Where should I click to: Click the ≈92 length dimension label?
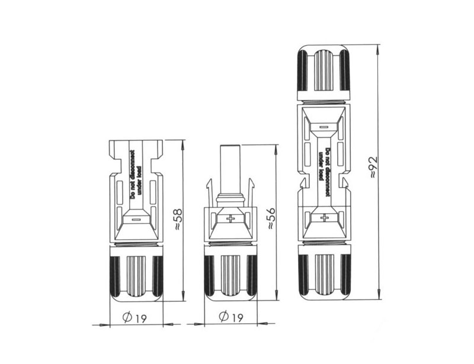374,167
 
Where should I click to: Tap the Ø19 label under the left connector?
134,317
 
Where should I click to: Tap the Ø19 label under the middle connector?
231,317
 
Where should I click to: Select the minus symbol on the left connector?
136,220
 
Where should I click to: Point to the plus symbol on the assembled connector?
325,217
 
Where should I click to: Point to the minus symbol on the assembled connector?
324,127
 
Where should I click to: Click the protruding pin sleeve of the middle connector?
230,170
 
